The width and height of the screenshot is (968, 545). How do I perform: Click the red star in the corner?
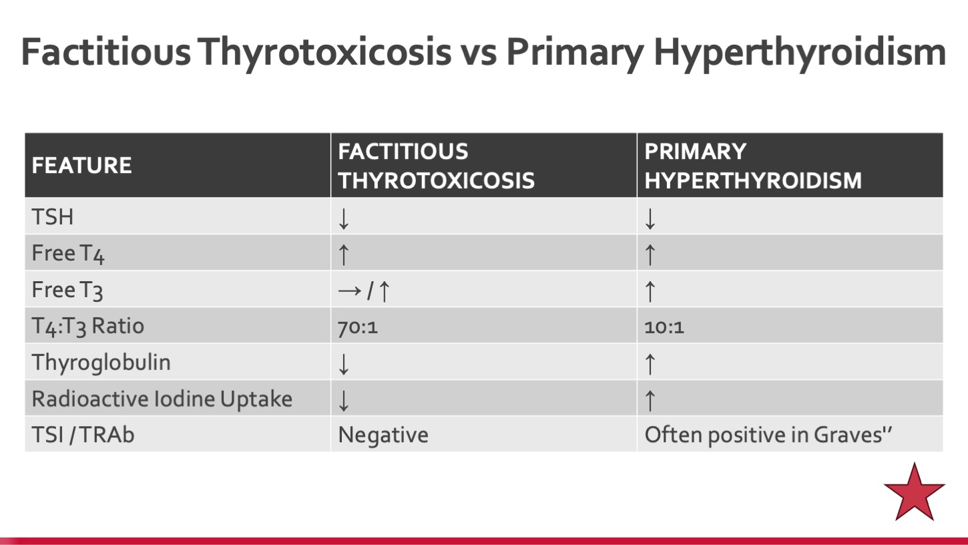click(x=915, y=493)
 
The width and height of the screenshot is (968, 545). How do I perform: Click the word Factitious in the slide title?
click(x=106, y=52)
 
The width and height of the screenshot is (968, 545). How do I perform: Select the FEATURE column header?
click(x=81, y=166)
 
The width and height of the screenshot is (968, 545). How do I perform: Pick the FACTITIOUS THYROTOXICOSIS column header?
click(x=436, y=166)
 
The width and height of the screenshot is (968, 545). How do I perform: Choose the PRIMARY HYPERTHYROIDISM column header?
click(x=753, y=166)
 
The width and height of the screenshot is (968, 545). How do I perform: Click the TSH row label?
click(x=52, y=216)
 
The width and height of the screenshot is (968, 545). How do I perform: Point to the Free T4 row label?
click(x=68, y=254)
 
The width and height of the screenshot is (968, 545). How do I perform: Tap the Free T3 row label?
click(x=67, y=290)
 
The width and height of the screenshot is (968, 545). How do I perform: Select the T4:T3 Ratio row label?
click(x=87, y=327)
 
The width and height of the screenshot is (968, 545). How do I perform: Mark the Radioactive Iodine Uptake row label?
click(x=162, y=399)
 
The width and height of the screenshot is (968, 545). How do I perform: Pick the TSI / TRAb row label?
click(x=83, y=435)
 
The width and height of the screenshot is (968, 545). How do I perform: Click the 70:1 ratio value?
click(x=358, y=327)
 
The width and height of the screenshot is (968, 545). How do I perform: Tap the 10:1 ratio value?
click(x=664, y=327)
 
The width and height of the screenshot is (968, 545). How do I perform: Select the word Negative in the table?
click(x=383, y=435)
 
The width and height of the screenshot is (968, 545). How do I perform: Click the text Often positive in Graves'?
click(x=768, y=435)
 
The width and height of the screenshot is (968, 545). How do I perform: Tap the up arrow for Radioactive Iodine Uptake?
click(x=650, y=400)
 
